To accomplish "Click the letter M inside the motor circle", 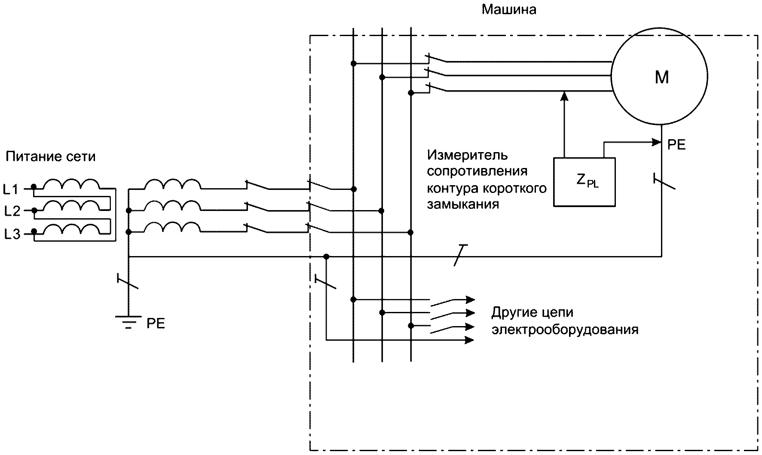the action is pyautogui.click(x=661, y=77).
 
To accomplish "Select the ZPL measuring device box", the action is pyautogui.click(x=584, y=182).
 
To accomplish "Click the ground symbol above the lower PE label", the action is pyautogui.click(x=128, y=322).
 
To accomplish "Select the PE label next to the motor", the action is pyautogui.click(x=676, y=145).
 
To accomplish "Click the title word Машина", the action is pyautogui.click(x=509, y=9).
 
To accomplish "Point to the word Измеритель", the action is pyautogui.click(x=467, y=155).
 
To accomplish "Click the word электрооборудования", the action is pyautogui.click(x=565, y=330).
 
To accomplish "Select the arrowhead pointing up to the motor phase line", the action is pyautogui.click(x=565, y=96).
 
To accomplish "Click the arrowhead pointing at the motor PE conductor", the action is pyautogui.click(x=656, y=142).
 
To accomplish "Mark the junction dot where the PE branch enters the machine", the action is pyautogui.click(x=326, y=257).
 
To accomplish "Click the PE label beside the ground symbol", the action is pyautogui.click(x=156, y=323).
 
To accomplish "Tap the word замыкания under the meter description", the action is pyautogui.click(x=463, y=204).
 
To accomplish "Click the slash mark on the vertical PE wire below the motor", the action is pyautogui.click(x=664, y=181).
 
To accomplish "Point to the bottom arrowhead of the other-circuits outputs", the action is pyautogui.click(x=470, y=340).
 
